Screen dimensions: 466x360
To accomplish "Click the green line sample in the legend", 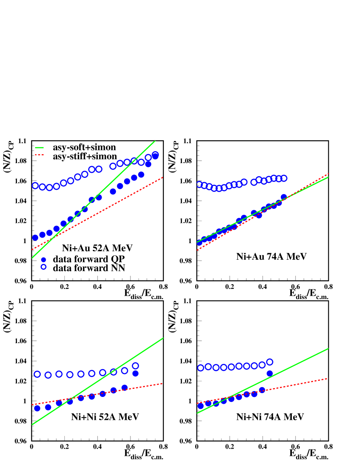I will point(39,148).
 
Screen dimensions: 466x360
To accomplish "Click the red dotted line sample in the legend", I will point(39,155).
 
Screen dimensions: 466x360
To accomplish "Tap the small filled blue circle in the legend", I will point(44,260).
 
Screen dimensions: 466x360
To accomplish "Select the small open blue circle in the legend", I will point(44,267).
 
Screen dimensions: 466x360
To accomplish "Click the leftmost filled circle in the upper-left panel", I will point(35,238).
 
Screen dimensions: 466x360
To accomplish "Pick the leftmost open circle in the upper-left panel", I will point(35,186).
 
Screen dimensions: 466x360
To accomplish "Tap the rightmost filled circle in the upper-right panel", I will point(284,197).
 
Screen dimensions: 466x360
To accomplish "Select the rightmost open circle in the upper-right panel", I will point(284,178).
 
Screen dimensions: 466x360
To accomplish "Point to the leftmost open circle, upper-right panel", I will point(199,184).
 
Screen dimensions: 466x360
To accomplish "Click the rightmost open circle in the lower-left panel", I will point(136,366).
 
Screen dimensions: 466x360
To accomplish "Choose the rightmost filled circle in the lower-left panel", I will point(136,373).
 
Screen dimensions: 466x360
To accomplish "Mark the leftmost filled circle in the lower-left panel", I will point(37,408).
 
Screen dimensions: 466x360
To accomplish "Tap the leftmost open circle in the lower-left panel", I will point(37,374).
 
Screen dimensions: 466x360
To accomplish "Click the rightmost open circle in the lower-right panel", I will point(270,362).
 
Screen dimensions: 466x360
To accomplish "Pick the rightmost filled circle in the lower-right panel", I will point(270,373).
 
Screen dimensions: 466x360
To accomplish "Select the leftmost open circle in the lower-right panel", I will point(200,368).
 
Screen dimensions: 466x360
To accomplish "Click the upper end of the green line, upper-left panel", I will point(155,141).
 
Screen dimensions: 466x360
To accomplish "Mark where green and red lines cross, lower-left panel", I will point(72,399).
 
